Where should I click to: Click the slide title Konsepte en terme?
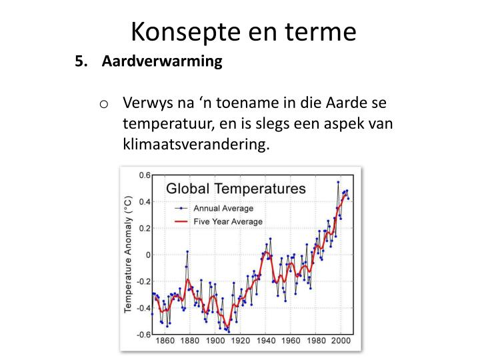pos(244,32)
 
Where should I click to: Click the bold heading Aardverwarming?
pos(162,61)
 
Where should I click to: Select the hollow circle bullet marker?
pos(104,105)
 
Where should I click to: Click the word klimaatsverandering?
pos(196,144)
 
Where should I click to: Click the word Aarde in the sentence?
pos(345,103)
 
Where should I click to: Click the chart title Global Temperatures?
pos(236,189)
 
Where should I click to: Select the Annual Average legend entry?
pos(214,209)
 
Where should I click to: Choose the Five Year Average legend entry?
pos(219,221)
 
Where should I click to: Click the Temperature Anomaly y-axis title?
pos(127,254)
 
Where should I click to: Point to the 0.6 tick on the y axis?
pos(145,175)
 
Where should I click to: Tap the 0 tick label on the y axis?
pos(148,255)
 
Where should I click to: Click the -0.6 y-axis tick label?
pos(143,335)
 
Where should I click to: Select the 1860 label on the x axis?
pos(165,341)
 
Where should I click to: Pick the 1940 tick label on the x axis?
pos(266,341)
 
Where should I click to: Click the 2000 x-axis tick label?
pos(341,341)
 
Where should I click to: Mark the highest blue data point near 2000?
pos(338,182)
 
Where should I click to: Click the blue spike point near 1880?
pos(187,251)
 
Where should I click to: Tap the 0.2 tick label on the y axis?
pos(145,229)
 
